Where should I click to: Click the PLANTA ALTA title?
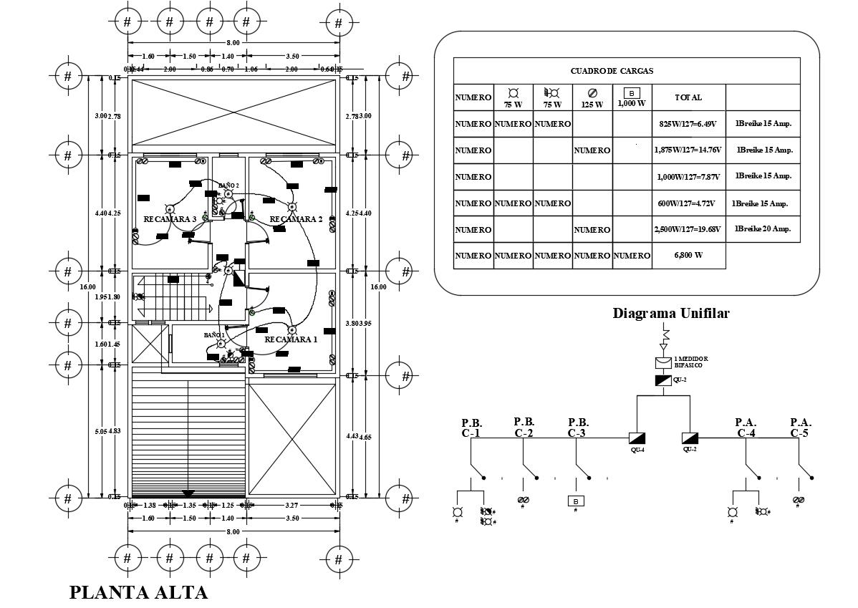(x=138, y=592)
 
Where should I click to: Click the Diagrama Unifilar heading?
(x=671, y=313)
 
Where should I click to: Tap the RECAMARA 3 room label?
(x=170, y=219)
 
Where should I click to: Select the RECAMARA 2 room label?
(x=297, y=219)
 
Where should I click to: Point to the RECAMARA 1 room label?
(x=291, y=339)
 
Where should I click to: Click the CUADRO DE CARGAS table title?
(x=611, y=71)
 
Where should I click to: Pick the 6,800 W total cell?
(x=688, y=256)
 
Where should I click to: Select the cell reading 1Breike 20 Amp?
(x=763, y=229)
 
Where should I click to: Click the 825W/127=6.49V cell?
(x=688, y=124)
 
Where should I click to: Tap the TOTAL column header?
(x=688, y=97)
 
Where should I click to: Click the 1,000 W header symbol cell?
(x=632, y=97)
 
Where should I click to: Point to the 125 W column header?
(x=592, y=98)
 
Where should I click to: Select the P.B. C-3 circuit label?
(x=578, y=428)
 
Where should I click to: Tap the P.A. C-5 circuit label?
(x=800, y=428)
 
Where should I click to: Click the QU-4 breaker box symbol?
(x=637, y=438)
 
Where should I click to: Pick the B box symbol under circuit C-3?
(x=575, y=501)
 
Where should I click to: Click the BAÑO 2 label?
(x=228, y=185)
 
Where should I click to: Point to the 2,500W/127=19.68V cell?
(x=688, y=229)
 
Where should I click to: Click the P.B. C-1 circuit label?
(x=471, y=428)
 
